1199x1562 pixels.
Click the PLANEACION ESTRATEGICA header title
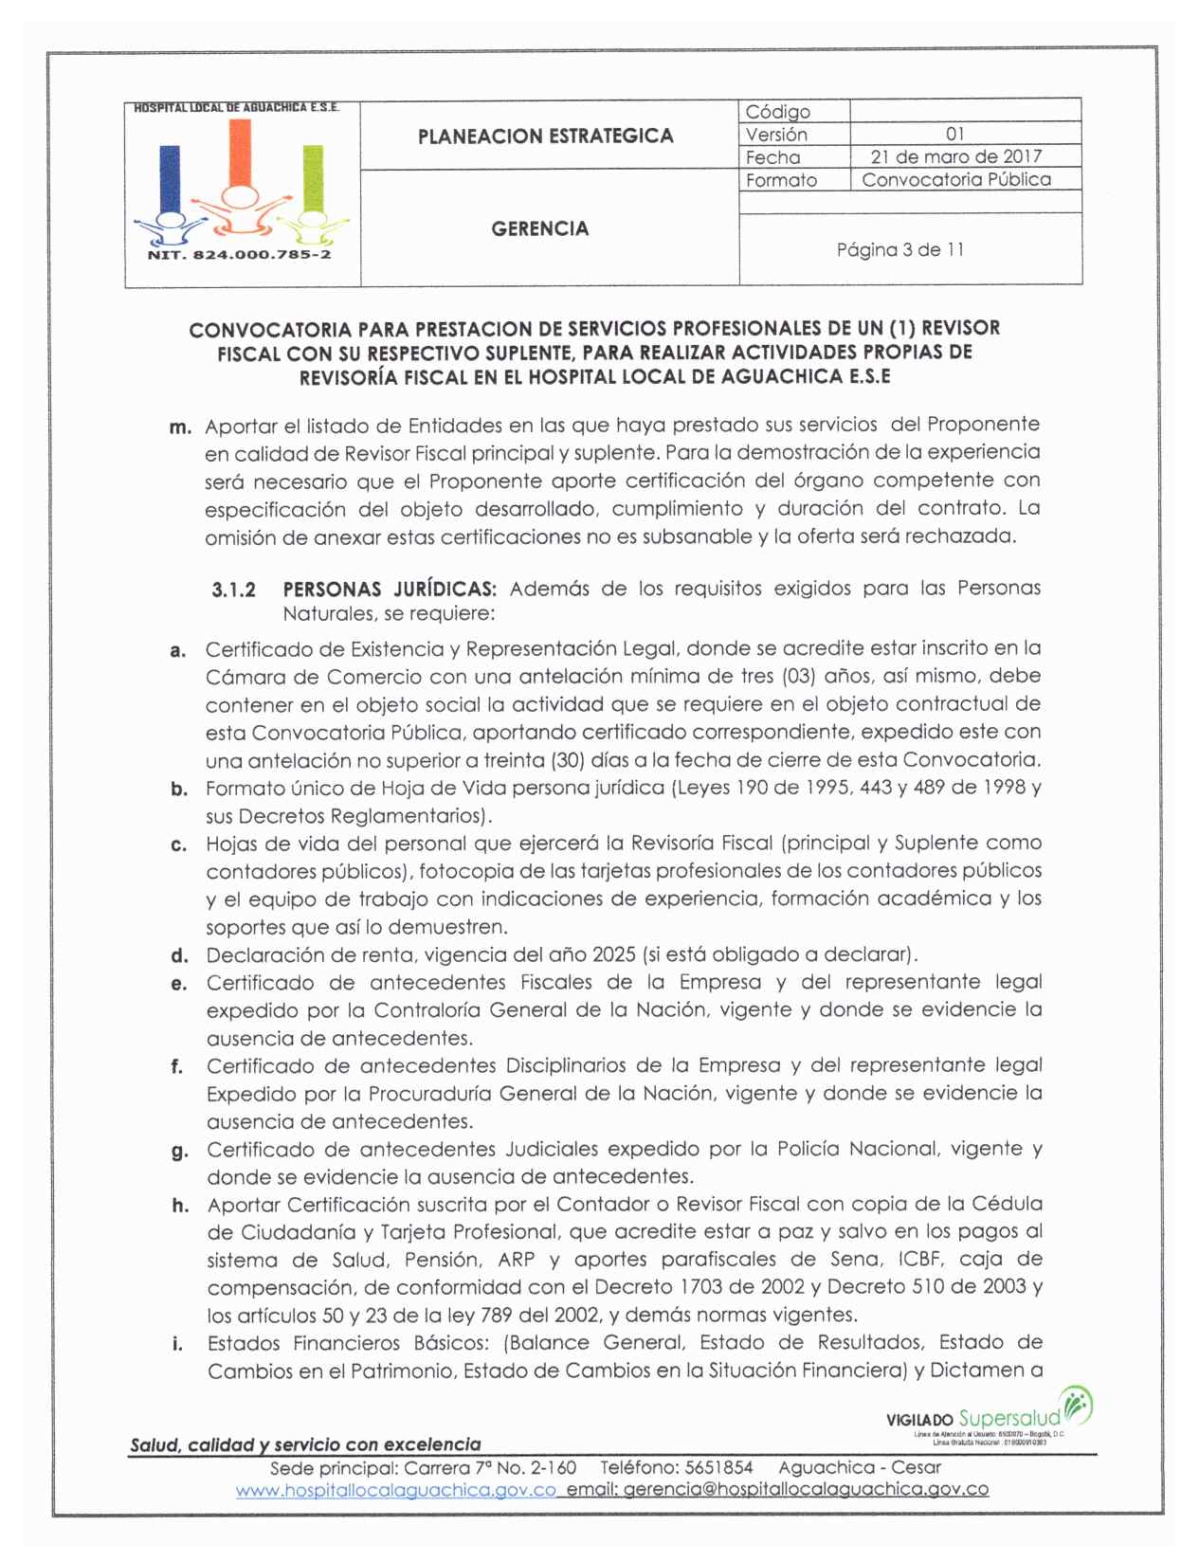pos(545,136)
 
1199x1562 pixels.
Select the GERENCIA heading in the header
pos(539,228)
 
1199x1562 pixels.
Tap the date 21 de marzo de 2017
pos(955,156)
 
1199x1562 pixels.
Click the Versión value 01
pos(954,134)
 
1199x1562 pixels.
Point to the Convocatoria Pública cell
pos(955,179)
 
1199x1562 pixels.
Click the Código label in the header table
pos(777,112)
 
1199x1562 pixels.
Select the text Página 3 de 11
pos(899,250)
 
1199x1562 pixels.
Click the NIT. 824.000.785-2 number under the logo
pos(239,255)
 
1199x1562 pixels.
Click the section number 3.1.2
pos(233,590)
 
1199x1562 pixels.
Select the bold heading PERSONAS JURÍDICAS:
pos(390,589)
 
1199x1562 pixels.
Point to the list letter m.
pos(180,427)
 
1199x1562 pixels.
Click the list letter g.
pos(179,1152)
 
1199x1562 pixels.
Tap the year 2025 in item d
pos(613,954)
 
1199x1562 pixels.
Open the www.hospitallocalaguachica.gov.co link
pos(395,1490)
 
